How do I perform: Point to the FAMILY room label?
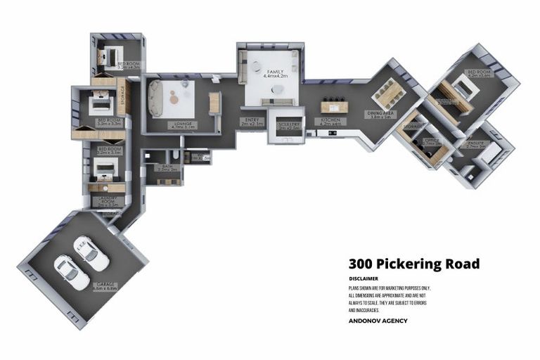pyautogui.click(x=273, y=73)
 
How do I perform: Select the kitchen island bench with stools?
pyautogui.click(x=335, y=107)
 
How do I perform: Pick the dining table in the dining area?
pyautogui.click(x=386, y=92)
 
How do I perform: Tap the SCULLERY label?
pyautogui.click(x=289, y=125)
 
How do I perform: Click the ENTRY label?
pyautogui.click(x=251, y=122)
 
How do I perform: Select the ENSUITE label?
pyautogui.click(x=477, y=144)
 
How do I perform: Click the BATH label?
pyautogui.click(x=168, y=167)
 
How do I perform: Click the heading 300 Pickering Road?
pyautogui.click(x=414, y=264)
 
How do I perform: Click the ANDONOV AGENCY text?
pyautogui.click(x=378, y=321)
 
